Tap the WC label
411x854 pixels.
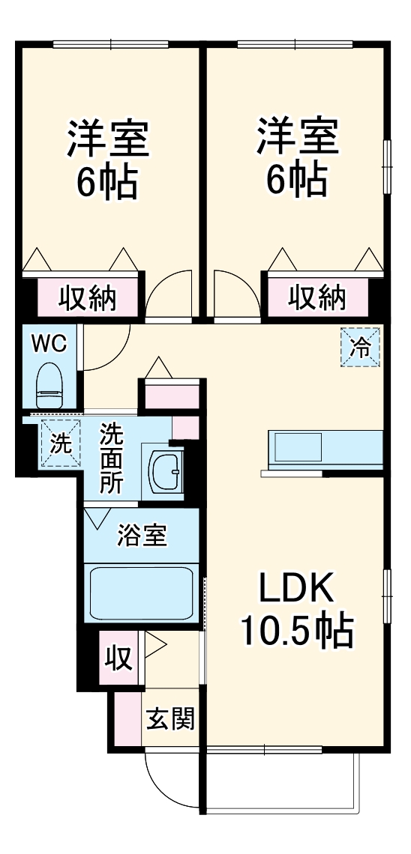pos(49,344)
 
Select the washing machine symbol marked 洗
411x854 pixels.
pos(60,443)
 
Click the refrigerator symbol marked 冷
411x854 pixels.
pos(361,348)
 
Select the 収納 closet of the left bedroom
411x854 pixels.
pos(88,297)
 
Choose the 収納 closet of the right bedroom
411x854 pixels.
pos(317,297)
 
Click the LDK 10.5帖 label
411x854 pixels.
pos(295,611)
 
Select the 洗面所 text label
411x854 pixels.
pos(112,458)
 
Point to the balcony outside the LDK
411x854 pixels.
pos(281,779)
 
